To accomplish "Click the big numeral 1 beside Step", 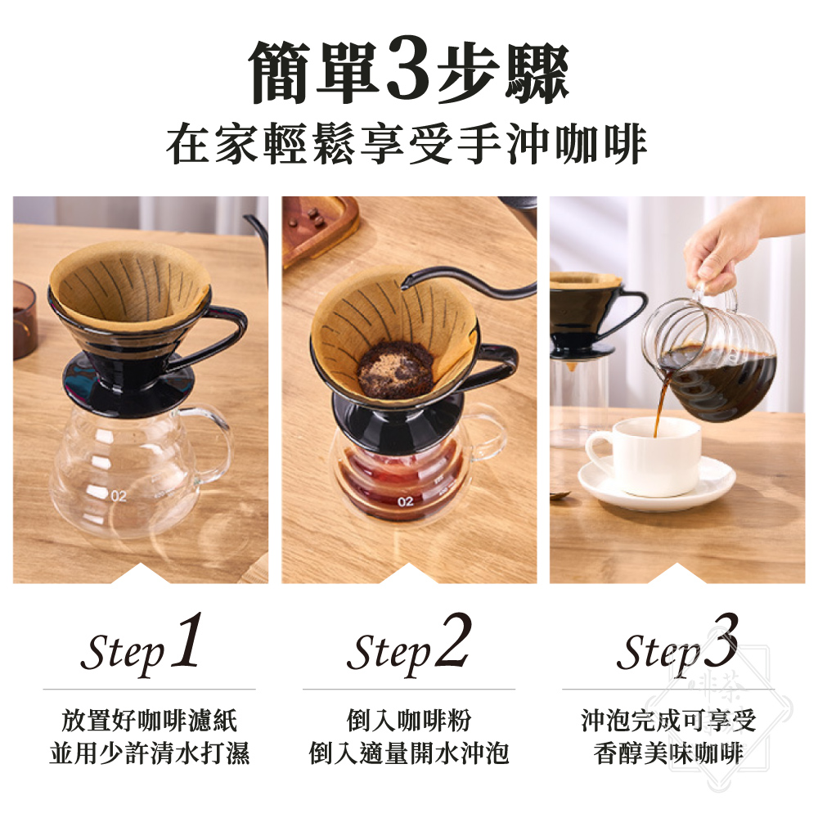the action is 187,640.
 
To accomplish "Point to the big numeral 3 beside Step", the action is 721,640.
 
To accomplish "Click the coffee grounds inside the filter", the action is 395,370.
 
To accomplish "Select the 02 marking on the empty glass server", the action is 119,497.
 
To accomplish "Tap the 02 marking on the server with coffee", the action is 406,502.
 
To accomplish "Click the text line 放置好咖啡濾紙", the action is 149,721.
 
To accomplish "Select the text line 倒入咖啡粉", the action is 409,721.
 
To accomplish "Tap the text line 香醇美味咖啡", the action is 669,753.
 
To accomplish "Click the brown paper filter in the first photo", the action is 130,281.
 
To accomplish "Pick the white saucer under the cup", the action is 657,483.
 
